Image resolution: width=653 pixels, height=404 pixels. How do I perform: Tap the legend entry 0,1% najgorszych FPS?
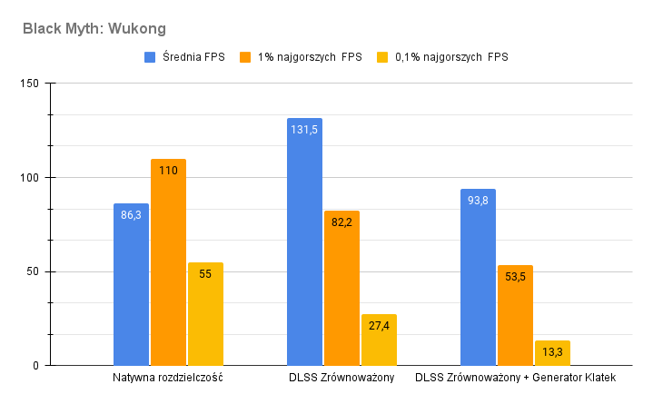click(x=450, y=57)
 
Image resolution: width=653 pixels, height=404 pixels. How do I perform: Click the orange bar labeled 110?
click(x=168, y=262)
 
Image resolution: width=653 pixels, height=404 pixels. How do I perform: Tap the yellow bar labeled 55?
click(x=205, y=314)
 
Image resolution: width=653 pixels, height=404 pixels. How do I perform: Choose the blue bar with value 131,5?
click(x=304, y=241)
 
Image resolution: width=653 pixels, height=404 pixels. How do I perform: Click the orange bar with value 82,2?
click(x=341, y=288)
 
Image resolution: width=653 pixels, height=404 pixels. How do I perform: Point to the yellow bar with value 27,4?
click(x=379, y=340)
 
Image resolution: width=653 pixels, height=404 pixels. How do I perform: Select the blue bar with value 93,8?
click(x=478, y=277)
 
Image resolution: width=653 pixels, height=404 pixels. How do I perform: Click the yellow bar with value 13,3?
click(x=552, y=353)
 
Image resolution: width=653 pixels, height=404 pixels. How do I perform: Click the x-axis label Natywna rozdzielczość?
click(x=168, y=378)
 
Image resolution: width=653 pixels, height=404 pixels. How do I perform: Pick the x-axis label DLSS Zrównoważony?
click(x=341, y=378)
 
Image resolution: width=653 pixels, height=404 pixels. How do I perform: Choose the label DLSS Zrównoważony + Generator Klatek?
click(x=515, y=378)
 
